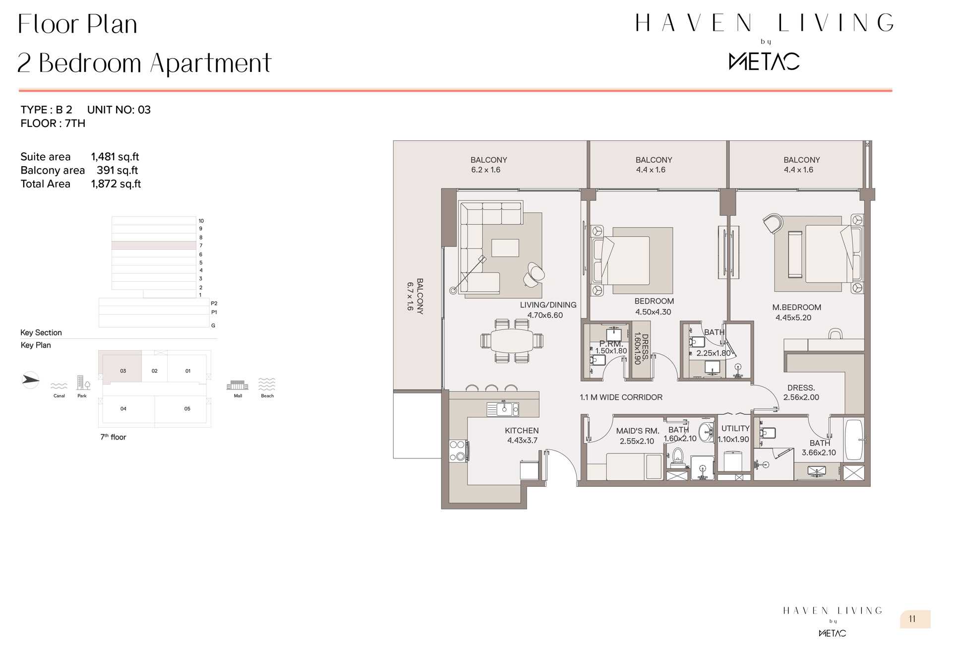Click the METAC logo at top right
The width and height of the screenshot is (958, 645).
coord(764,62)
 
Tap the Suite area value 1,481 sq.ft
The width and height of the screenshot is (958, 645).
coord(115,157)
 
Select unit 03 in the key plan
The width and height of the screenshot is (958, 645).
coord(123,371)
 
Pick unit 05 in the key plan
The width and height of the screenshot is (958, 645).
coord(187,409)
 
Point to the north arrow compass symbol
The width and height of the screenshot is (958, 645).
coord(30,380)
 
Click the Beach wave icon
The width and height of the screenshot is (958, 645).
coord(267,384)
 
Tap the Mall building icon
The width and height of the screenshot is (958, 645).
coord(238,385)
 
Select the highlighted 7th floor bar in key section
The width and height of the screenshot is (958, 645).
coord(154,245)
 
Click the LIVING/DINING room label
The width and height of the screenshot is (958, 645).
coord(548,305)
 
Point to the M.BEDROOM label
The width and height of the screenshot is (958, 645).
coord(796,308)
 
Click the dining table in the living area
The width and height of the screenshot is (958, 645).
coord(512,341)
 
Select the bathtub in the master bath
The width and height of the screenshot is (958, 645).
coord(854,440)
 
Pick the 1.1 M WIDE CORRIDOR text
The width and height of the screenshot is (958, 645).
coord(621,397)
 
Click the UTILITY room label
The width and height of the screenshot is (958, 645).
coord(735,429)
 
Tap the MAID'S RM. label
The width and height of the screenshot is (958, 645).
coord(637,431)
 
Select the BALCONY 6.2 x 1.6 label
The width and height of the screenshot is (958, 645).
coord(488,165)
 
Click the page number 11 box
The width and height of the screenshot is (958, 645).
coord(915,619)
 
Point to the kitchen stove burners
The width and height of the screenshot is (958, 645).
coord(458,451)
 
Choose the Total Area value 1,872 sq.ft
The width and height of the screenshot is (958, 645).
coord(116,184)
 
